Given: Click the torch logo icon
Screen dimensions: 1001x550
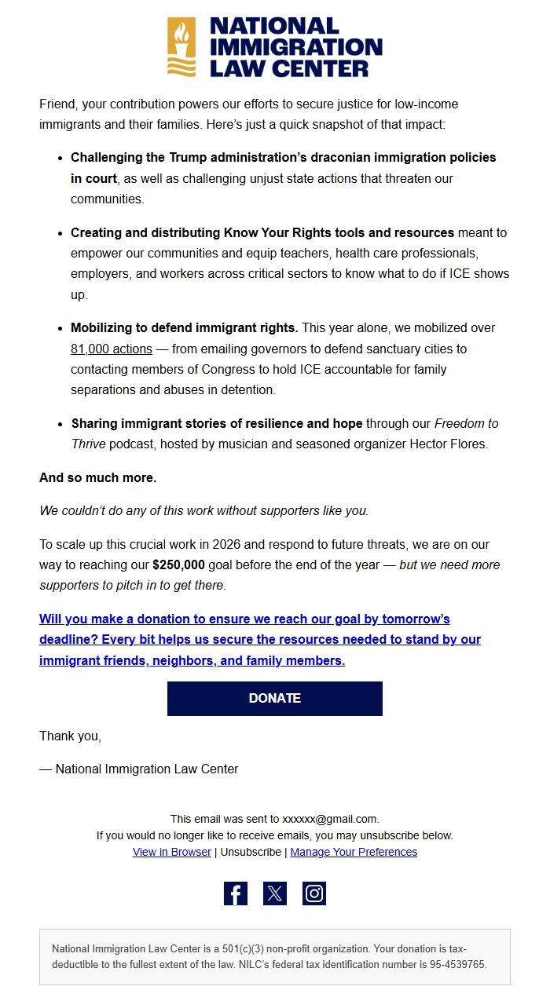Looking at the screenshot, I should coord(181,47).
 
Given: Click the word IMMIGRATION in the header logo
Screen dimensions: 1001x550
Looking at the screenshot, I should coord(295,47).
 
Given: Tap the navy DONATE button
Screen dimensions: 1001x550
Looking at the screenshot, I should coord(274,698).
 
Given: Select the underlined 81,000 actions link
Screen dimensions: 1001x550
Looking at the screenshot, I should coord(111,349).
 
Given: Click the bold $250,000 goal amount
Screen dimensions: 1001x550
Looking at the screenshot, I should coord(178,565).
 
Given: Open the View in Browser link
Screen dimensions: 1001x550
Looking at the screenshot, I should coord(171,852).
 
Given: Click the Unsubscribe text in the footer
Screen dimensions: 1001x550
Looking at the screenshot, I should coord(251,852).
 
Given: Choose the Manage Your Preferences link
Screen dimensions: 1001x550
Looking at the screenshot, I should coord(354,852).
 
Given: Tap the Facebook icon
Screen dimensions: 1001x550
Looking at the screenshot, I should coord(236,893).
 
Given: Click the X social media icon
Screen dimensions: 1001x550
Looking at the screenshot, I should coord(275,893).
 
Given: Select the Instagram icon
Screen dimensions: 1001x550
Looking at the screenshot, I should coord(314,893).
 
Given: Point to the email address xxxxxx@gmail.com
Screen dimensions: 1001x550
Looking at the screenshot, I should coord(330,819).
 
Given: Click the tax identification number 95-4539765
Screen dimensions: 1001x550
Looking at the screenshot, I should coord(458,965).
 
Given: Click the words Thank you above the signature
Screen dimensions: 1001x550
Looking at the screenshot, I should coord(70,736).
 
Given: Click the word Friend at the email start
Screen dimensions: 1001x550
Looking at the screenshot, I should coord(57,104).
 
